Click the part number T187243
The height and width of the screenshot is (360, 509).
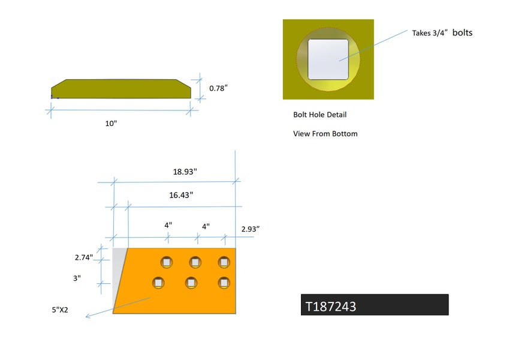[x=331, y=307]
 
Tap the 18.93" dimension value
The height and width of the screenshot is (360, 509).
[x=185, y=172]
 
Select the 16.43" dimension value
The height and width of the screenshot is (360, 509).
[x=180, y=195]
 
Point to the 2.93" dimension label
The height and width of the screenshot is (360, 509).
[x=250, y=229]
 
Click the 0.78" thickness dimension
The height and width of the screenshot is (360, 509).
[x=218, y=88]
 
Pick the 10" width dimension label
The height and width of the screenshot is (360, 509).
[x=111, y=124]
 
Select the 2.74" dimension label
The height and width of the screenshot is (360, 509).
[x=84, y=257]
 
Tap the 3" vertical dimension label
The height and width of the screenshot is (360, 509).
[x=77, y=278]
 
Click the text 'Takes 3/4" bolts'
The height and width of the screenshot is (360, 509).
[x=442, y=33]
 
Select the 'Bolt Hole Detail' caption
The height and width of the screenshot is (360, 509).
[x=320, y=115]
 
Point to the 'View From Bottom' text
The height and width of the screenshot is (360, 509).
[x=325, y=134]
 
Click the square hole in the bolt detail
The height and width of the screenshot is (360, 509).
[x=329, y=59]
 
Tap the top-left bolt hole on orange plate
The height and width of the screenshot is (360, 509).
[x=166, y=262]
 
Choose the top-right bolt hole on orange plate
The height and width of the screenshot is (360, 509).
[x=224, y=262]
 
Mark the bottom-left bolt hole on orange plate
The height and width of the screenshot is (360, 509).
[x=158, y=282]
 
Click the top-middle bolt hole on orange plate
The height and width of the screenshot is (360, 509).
[x=195, y=262]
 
